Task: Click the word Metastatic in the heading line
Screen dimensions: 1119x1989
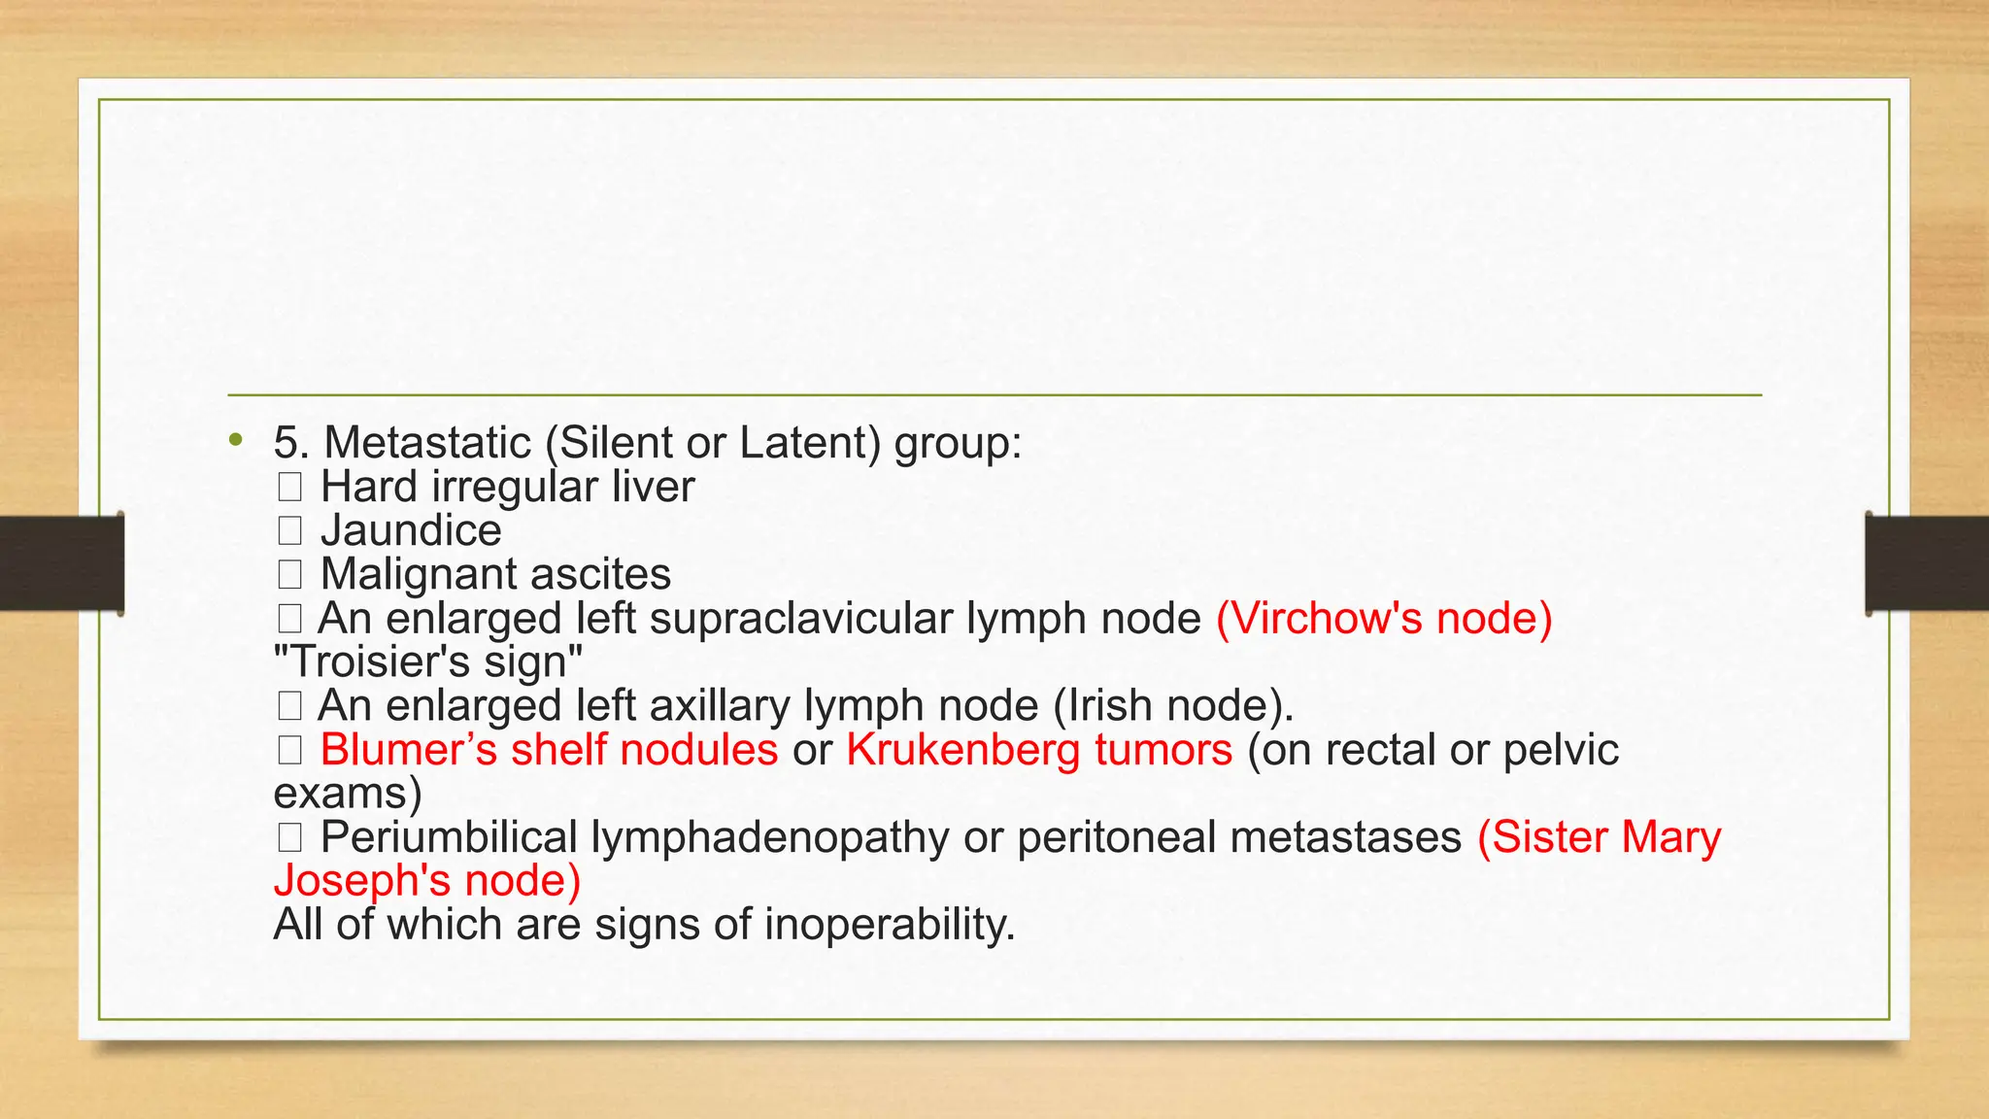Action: pos(427,443)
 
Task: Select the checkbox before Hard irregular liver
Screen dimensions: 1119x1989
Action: pos(289,487)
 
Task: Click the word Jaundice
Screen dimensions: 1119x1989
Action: pos(411,530)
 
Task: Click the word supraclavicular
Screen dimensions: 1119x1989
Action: pos(800,619)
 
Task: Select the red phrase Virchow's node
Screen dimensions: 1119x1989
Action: pos(1384,618)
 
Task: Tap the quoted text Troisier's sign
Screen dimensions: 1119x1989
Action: pos(428,661)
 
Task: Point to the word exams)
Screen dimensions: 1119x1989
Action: pos(347,794)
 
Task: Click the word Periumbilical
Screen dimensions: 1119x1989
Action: pos(449,837)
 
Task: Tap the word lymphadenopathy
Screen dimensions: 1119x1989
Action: pos(770,837)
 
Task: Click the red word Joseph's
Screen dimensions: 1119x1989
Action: pos(362,881)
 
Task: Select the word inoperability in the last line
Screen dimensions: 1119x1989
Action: pos(889,925)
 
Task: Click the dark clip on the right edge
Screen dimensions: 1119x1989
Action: pos(1927,563)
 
